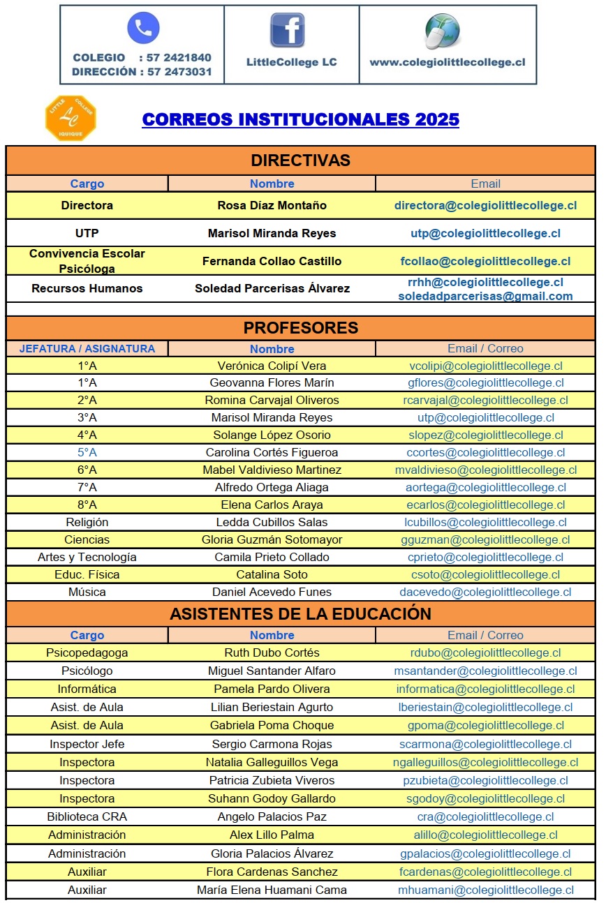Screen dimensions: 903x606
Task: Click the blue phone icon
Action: (x=143, y=29)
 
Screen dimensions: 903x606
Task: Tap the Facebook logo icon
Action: (x=288, y=30)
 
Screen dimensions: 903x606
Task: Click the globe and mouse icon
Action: (x=443, y=31)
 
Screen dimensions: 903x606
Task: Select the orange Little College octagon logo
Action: (x=71, y=118)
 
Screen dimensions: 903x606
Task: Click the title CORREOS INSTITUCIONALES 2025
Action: (x=300, y=119)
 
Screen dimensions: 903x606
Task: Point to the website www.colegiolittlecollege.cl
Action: (x=447, y=62)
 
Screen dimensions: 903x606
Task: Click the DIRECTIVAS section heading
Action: (x=300, y=161)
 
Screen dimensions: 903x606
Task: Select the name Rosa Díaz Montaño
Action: (x=272, y=205)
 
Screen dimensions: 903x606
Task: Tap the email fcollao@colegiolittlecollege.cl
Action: (x=485, y=261)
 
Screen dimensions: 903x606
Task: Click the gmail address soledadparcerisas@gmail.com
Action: (x=485, y=296)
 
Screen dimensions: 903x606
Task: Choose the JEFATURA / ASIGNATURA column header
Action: (x=87, y=348)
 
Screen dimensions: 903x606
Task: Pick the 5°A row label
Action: (x=87, y=452)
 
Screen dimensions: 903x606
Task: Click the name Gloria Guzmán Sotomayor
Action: (x=272, y=539)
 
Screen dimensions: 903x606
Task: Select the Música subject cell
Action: (x=87, y=592)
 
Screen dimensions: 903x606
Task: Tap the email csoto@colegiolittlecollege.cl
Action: (x=485, y=574)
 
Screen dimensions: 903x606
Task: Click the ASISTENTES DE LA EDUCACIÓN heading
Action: (x=300, y=613)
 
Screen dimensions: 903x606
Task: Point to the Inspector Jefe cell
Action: (x=87, y=744)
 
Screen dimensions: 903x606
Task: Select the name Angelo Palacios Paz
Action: (x=272, y=816)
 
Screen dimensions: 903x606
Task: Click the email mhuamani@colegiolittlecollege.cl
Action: (x=485, y=890)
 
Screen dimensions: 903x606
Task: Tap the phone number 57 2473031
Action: (x=179, y=72)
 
